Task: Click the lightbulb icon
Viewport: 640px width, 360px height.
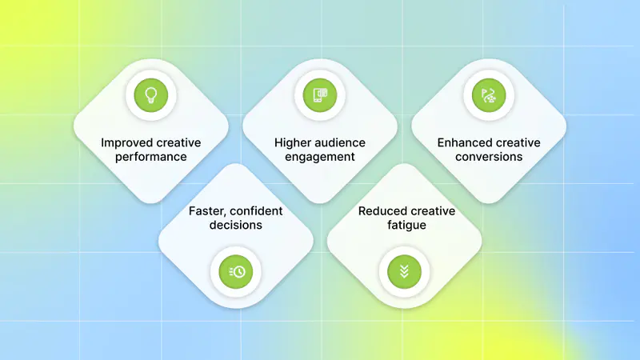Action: [x=151, y=95]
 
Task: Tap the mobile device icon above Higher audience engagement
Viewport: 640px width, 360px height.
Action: [x=320, y=95]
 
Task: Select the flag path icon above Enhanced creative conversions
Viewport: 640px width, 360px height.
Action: [x=489, y=95]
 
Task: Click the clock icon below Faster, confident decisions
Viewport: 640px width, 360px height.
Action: [x=236, y=271]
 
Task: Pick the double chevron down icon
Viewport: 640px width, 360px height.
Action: [x=404, y=271]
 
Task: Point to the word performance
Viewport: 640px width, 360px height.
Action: [x=151, y=157]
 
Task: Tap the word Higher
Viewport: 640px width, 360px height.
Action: [x=290, y=143]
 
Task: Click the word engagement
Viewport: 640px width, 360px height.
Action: [x=320, y=157]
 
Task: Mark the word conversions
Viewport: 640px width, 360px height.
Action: [x=489, y=157]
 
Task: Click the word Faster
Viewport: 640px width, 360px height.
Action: [x=206, y=211]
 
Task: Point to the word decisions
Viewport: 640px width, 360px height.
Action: [x=236, y=225]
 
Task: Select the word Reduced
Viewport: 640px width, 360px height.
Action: [x=381, y=211]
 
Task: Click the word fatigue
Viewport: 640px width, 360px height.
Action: [x=407, y=225]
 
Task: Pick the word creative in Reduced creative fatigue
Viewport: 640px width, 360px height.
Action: [x=431, y=211]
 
